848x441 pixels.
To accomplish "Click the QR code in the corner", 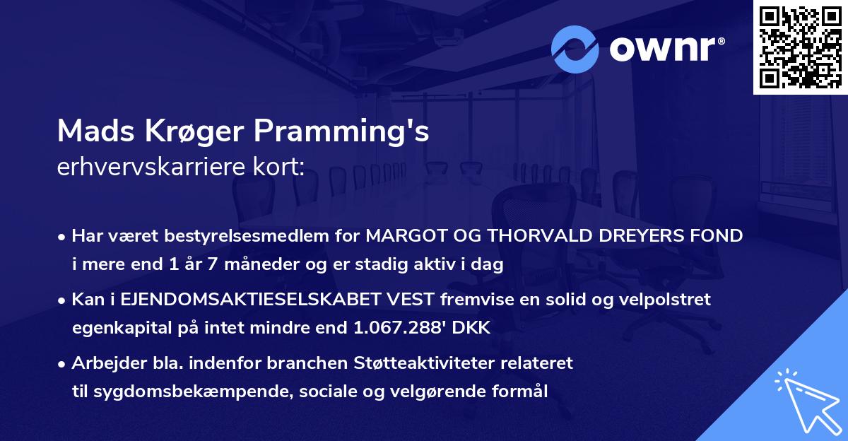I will pyautogui.click(x=800, y=47).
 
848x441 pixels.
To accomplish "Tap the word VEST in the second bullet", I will pyautogui.click(x=413, y=300).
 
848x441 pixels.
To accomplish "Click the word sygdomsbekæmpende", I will pyautogui.click(x=172, y=392).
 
